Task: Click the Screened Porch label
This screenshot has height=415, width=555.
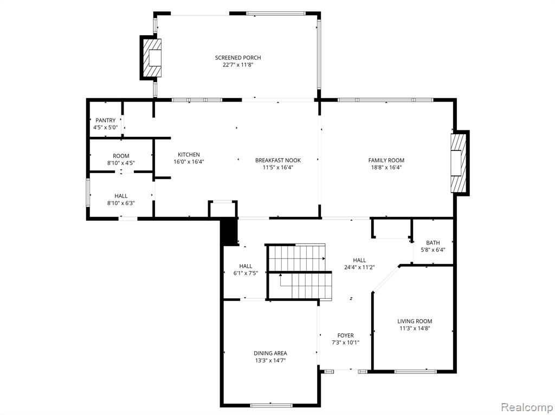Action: point(238,57)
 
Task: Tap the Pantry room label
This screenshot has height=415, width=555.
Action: point(106,121)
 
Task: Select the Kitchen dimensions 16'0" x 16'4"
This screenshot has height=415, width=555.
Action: point(189,162)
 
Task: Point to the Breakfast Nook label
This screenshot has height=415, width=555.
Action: point(278,161)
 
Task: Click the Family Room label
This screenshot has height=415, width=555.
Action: point(386,161)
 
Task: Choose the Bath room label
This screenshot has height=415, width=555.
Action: point(433,243)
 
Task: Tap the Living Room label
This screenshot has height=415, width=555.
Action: point(415,321)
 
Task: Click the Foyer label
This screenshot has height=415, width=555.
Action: point(345,335)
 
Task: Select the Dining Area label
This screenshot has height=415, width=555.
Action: point(270,353)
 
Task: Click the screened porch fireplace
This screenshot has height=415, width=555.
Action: point(152,58)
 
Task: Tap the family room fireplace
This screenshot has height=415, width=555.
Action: point(459,163)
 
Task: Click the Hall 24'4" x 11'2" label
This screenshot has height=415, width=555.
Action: point(359,264)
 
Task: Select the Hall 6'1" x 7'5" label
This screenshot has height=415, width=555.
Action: point(246,269)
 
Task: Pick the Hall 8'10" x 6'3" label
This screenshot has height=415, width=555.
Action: point(121,199)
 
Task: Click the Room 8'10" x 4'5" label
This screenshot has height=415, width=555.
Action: point(121,160)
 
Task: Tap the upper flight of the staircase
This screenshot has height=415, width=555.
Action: point(296,258)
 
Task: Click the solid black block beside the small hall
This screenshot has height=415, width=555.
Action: point(229,232)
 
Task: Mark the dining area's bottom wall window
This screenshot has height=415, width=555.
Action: point(271,404)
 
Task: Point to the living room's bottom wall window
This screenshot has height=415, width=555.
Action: point(416,371)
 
